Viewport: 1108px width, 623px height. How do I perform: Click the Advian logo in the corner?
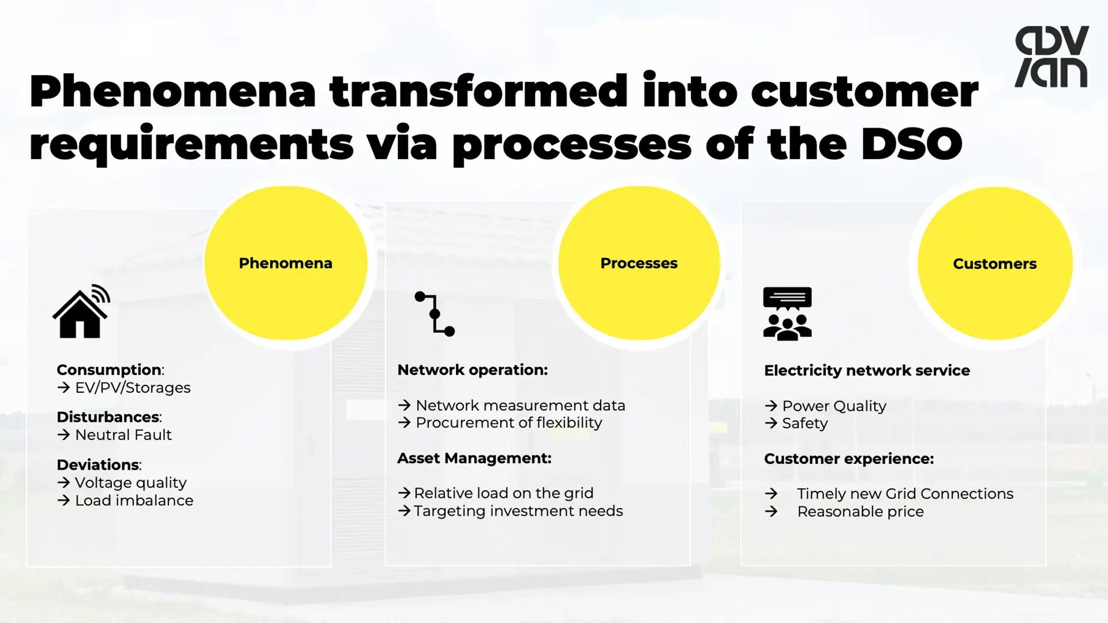(1051, 57)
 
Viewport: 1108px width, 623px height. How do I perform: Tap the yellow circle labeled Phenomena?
(286, 263)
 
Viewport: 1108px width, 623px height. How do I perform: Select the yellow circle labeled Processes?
(639, 263)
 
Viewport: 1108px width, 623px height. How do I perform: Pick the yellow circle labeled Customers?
(994, 264)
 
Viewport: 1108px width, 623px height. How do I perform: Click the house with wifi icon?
(81, 312)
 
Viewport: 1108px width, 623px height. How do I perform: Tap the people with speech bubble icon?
(787, 314)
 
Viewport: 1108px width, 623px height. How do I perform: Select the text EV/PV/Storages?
(133, 388)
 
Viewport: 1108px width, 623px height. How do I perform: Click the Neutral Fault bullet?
(123, 435)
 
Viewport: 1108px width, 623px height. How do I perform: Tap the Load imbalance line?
(134, 501)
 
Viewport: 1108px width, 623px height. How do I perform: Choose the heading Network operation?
(472, 370)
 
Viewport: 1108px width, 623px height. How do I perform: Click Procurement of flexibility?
(508, 423)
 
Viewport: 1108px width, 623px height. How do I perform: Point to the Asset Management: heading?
(474, 458)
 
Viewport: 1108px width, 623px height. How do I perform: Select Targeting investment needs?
(518, 511)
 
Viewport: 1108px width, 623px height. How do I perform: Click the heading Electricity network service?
(867, 370)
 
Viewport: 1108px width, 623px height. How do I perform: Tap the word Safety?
(804, 423)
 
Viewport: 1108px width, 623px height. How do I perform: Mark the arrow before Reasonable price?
(771, 512)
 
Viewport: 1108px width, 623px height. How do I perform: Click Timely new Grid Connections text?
(905, 494)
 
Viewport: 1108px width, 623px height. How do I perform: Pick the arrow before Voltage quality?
(63, 482)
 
